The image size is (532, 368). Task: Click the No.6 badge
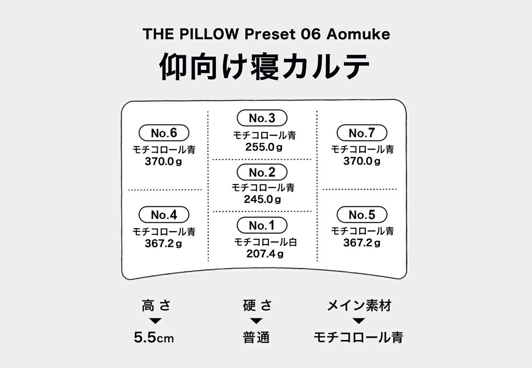164,133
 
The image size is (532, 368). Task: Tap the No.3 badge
262,119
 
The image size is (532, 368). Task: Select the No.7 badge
362,133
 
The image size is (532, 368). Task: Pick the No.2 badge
262,173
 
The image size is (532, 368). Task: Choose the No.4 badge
164,215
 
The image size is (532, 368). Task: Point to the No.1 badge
262,225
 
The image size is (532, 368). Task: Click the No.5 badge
362,215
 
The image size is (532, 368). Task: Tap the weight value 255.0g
264,147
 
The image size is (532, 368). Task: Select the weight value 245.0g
262,200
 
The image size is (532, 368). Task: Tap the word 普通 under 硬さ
256,338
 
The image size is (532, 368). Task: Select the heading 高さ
156,305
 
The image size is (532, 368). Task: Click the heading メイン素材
359,305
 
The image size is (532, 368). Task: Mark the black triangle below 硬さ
256,321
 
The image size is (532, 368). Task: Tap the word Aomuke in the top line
358,34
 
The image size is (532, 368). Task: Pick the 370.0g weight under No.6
163,162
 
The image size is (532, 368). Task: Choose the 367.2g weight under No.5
362,243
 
